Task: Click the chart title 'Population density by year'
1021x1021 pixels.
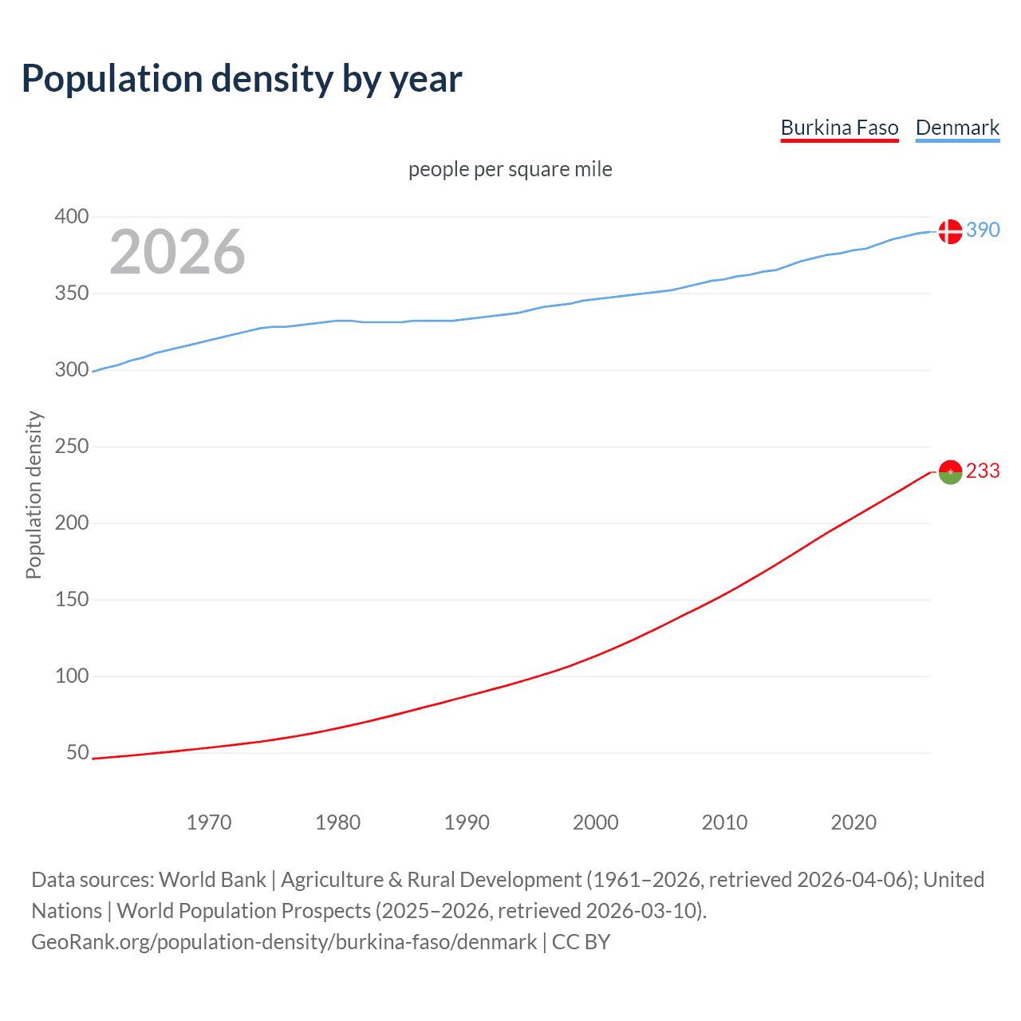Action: click(242, 79)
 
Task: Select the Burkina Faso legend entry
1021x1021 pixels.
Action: click(839, 128)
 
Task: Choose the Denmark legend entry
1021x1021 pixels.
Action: click(957, 128)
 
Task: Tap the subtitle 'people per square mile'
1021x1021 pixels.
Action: click(510, 169)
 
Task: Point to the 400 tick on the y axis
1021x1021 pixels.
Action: click(71, 217)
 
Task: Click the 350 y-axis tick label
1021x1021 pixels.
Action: click(71, 294)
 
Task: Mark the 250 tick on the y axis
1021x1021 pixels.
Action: click(71, 447)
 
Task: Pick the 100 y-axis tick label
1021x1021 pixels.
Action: click(71, 676)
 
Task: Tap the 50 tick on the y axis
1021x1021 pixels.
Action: click(77, 753)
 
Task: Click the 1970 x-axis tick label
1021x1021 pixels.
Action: click(209, 822)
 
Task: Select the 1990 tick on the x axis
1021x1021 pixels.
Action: click(467, 822)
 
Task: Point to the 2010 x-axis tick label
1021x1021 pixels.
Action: click(724, 822)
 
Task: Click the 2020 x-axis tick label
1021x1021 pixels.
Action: click(853, 822)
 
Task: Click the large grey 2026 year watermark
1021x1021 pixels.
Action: click(177, 252)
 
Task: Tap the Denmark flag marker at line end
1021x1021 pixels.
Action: click(949, 231)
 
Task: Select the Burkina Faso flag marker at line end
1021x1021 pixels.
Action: click(949, 472)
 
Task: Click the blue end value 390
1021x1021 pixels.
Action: click(983, 230)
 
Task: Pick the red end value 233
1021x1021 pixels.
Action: click(983, 471)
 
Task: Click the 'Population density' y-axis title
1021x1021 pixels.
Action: click(34, 495)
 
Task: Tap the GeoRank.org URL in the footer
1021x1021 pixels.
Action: click(284, 942)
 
